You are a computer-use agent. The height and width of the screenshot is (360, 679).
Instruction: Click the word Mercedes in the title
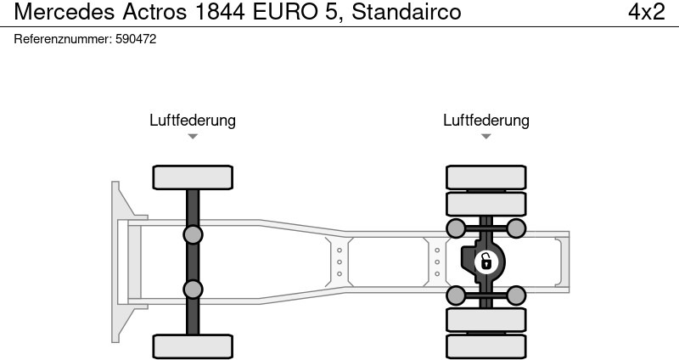[x=65, y=12]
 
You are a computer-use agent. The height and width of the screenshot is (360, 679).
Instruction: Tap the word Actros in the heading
[x=154, y=12]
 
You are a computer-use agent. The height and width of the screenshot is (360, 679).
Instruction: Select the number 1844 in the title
[x=220, y=12]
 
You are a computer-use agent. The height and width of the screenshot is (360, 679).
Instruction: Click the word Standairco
[x=407, y=12]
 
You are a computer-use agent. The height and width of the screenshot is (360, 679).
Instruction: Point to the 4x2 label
[x=647, y=12]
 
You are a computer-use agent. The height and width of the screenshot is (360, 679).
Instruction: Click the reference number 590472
[x=136, y=39]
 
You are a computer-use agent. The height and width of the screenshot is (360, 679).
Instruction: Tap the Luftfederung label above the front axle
[x=193, y=121]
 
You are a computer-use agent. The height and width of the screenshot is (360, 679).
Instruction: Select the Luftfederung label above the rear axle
[x=485, y=121]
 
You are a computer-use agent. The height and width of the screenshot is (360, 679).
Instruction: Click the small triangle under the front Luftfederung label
[x=193, y=137]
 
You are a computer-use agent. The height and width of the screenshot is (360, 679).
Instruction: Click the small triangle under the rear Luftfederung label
[x=485, y=137]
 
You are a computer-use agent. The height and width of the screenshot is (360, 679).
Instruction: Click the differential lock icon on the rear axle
[x=486, y=262]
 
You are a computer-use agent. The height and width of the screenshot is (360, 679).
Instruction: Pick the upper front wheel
[x=193, y=177]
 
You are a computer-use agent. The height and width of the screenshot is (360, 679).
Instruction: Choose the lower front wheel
[x=193, y=346]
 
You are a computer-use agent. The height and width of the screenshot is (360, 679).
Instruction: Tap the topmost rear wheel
[x=485, y=177]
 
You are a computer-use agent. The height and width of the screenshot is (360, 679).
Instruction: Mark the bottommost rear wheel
[x=485, y=347]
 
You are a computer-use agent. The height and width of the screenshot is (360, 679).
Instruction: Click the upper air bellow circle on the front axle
[x=193, y=235]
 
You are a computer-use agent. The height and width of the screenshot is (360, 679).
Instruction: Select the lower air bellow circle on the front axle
[x=193, y=290]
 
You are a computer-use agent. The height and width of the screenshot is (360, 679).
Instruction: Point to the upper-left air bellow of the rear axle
[x=456, y=228]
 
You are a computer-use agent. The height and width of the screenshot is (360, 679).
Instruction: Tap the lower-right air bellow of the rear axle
[x=516, y=295]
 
